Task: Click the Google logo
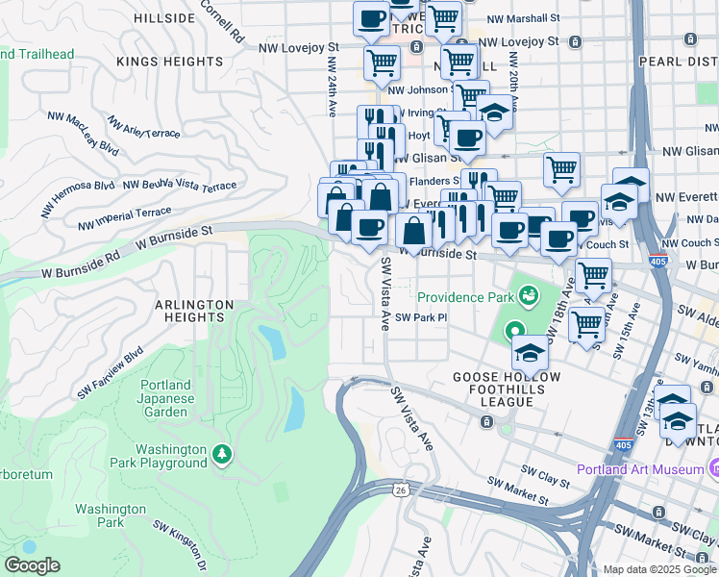32,565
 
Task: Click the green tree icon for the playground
223,452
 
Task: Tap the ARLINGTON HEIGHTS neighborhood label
194,311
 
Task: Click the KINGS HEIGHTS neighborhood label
169,62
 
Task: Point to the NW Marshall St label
523,18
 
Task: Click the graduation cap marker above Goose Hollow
529,354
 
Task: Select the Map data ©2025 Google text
659,569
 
